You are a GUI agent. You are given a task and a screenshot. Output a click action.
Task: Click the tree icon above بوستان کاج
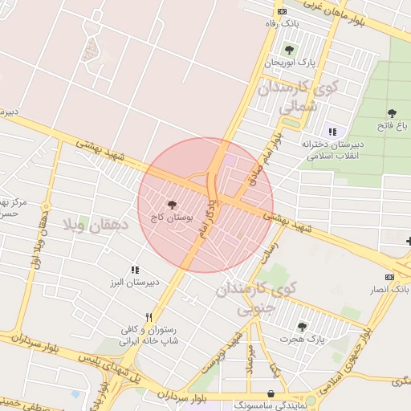172,205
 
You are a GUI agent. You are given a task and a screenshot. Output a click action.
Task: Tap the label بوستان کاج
169,218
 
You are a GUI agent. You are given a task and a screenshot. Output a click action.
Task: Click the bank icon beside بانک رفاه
282,11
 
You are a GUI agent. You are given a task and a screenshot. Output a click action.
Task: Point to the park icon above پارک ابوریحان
289,49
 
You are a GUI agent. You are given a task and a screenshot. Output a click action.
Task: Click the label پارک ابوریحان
287,62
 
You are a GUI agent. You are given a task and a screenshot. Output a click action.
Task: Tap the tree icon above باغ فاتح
392,113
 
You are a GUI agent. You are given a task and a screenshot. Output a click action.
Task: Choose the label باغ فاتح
393,126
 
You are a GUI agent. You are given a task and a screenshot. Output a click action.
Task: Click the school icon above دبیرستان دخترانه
332,132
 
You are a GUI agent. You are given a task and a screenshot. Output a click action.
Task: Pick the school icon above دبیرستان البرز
134,270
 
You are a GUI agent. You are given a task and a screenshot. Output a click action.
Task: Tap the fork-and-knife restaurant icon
148,317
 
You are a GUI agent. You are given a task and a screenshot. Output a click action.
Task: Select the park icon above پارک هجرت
302,326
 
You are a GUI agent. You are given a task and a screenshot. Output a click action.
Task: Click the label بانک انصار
393,288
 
